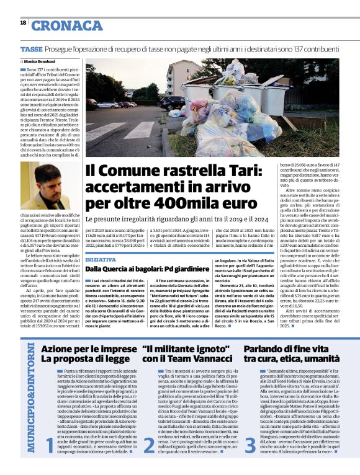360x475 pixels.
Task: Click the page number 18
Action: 23,22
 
